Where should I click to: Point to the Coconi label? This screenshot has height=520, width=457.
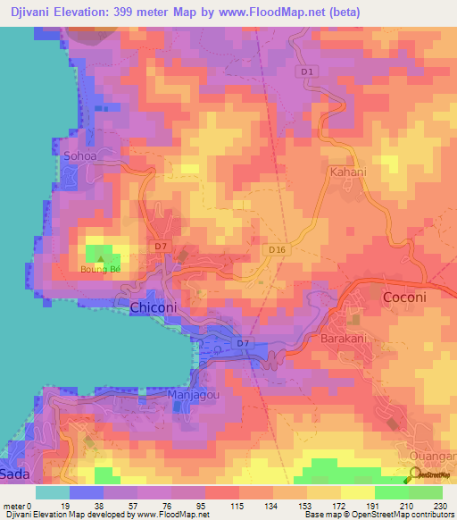pyautogui.click(x=404, y=298)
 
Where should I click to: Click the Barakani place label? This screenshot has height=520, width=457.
pyautogui.click(x=345, y=340)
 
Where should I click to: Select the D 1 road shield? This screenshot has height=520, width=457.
pyautogui.click(x=309, y=71)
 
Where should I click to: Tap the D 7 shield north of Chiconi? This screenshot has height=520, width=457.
pyautogui.click(x=161, y=246)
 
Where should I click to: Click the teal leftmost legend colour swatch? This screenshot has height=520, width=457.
pyautogui.click(x=52, y=492)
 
